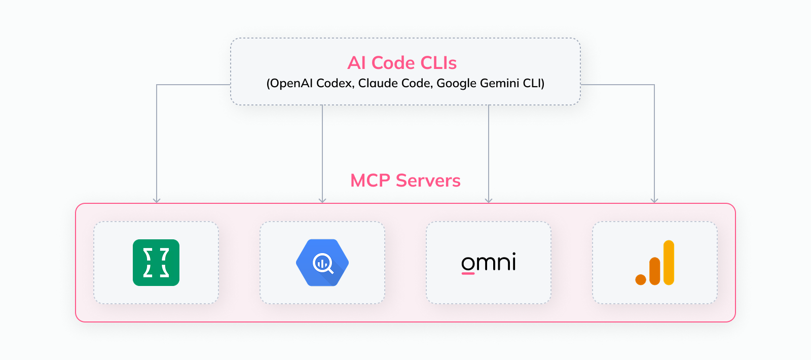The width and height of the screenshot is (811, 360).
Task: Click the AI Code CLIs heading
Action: pos(402,63)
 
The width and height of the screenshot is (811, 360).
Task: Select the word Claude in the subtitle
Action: pos(374,83)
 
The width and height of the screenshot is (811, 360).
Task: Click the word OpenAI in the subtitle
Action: pos(291,83)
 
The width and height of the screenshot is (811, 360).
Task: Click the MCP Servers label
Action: pos(405,181)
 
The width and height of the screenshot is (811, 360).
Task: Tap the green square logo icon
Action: pos(156,263)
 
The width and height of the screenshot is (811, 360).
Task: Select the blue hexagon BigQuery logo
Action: pos(322,263)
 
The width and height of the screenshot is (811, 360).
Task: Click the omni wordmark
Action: pos(489,262)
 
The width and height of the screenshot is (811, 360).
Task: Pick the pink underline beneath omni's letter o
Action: pos(468,274)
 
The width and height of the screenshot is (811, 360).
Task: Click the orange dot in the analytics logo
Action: pos(641,279)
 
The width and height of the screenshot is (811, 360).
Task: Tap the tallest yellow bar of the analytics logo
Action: pos(669,262)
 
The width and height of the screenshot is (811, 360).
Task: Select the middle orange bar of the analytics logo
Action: pos(655,271)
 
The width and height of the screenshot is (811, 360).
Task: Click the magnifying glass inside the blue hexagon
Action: pos(323,264)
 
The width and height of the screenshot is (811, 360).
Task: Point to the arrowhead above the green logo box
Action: pos(157,200)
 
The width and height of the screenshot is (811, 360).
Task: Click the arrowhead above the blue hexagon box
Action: pos(322,200)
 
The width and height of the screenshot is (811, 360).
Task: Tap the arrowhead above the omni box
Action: pos(489,200)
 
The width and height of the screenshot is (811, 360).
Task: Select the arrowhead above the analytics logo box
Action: pos(654,200)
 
